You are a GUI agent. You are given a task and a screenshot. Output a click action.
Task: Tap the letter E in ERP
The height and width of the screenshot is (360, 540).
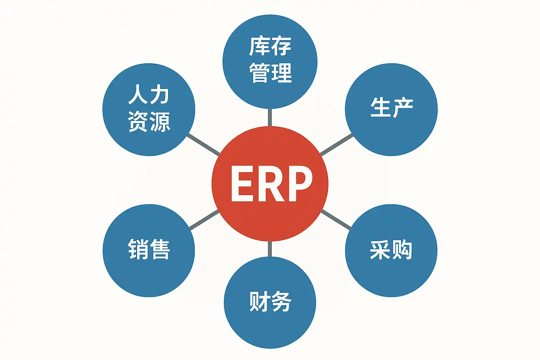243,184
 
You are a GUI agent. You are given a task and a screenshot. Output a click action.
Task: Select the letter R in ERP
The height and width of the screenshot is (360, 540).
271,184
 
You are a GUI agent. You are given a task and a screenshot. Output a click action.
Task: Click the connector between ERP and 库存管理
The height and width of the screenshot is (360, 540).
270,117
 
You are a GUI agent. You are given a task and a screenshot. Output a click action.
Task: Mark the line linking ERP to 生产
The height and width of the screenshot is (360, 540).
336,144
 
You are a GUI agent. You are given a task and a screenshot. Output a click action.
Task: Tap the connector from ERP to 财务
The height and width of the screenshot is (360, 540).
270,249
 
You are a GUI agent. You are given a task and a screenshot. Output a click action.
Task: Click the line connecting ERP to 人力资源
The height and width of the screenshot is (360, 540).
204,144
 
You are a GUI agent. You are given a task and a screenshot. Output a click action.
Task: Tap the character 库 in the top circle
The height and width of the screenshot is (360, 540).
259,46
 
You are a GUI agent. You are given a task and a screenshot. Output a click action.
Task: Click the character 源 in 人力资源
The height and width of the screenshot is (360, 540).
160,122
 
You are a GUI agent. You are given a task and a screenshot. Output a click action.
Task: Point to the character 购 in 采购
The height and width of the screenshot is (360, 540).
402,250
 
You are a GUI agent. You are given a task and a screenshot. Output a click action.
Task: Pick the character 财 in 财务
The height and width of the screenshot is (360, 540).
259,301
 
